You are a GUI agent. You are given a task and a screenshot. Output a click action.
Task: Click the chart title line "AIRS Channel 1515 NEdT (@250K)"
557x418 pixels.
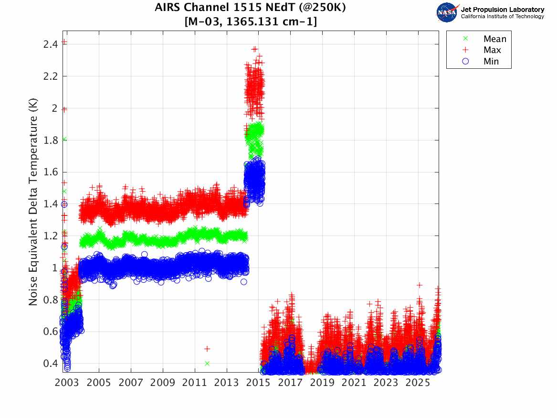tap(251, 8)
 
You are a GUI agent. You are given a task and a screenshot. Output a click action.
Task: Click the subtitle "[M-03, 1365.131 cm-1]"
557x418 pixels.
tap(251, 21)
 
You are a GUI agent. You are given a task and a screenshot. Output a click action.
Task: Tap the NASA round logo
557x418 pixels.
tap(447, 12)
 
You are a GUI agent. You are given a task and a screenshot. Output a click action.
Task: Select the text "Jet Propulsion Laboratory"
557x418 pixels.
tap(502, 9)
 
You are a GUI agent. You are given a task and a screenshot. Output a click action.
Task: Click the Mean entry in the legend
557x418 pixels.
tap(494, 39)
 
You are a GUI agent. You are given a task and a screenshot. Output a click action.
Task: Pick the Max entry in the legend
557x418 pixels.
tap(492, 50)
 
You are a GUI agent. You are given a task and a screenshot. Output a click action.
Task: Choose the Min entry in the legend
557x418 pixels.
tap(491, 61)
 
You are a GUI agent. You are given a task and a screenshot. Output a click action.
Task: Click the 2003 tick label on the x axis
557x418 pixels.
tap(67, 383)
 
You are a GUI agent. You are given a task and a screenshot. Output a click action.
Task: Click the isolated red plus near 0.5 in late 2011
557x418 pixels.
tap(207, 349)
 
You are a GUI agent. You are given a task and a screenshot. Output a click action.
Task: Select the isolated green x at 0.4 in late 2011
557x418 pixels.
tap(207, 363)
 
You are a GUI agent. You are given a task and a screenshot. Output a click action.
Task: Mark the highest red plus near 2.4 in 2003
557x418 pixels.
tap(64, 42)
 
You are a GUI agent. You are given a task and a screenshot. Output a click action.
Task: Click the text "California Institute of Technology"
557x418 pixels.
tap(502, 17)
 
